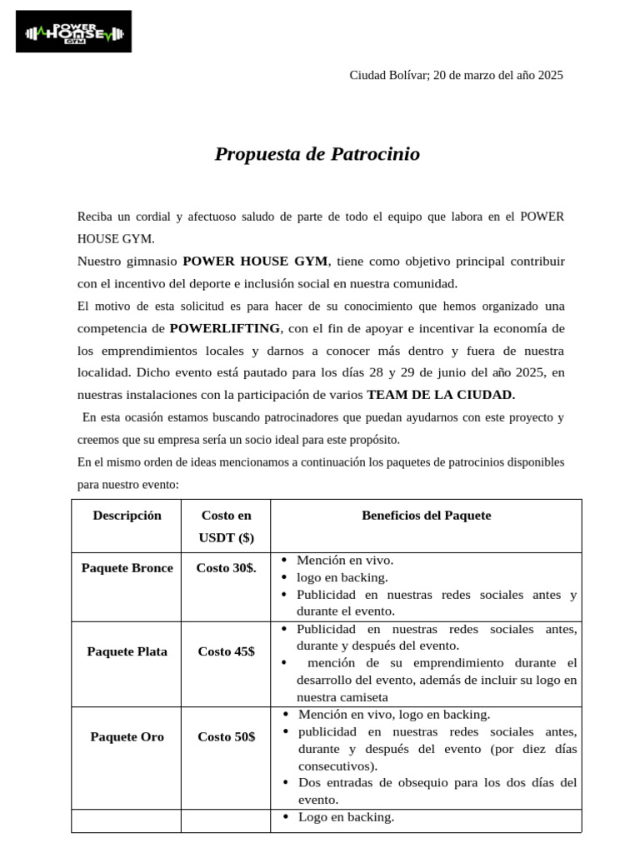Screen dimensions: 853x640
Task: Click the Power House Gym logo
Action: [x=73, y=32]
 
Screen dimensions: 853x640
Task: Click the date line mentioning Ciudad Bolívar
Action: [x=456, y=75]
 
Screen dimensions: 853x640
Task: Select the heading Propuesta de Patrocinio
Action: [x=317, y=154]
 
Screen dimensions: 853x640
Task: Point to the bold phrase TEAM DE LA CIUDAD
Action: [x=441, y=395]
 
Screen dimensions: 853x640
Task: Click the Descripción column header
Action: [x=127, y=516]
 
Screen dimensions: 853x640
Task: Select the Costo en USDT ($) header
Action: [x=226, y=526]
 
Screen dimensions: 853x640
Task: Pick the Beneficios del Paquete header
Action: [x=426, y=516]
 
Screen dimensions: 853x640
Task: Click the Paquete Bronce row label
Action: [x=127, y=568]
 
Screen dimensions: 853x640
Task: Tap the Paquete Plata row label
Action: [x=127, y=651]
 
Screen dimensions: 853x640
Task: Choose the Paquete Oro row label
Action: [x=127, y=736]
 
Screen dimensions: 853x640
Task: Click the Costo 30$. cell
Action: [x=226, y=568]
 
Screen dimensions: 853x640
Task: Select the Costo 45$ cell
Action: [x=226, y=651]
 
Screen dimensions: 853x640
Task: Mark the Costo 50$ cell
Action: [x=226, y=736]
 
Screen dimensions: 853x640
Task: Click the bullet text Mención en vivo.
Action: [x=345, y=561]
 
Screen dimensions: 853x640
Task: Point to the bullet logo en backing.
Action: [x=342, y=577]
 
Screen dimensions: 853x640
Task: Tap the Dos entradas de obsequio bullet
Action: [x=437, y=783]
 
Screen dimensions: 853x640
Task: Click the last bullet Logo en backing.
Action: [x=346, y=817]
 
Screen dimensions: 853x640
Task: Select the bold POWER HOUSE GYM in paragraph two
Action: [x=256, y=261]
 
